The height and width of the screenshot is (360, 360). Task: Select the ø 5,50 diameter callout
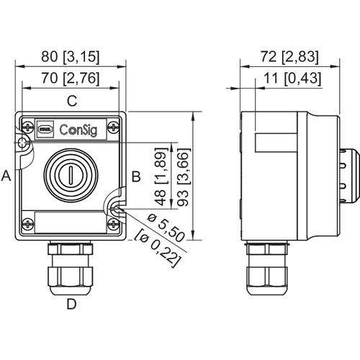tap(166, 228)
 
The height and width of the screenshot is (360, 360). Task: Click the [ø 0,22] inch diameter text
tap(157, 248)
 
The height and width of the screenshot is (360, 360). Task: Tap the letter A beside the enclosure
tap(6, 176)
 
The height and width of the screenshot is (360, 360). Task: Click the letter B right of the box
tap(136, 176)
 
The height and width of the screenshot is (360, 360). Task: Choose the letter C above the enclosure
tap(72, 101)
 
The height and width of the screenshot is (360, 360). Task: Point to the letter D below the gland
tap(71, 304)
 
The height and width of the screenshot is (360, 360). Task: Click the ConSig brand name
tap(78, 130)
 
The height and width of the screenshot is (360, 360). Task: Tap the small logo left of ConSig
tap(45, 130)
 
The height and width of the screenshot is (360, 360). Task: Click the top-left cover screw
tap(28, 127)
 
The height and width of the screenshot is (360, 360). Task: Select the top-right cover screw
tap(113, 127)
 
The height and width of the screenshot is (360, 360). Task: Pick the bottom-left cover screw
tap(28, 225)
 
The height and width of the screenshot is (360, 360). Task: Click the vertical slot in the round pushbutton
tap(71, 176)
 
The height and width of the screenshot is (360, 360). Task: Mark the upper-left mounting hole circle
tap(22, 143)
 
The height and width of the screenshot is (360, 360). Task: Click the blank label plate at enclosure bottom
tap(71, 222)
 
